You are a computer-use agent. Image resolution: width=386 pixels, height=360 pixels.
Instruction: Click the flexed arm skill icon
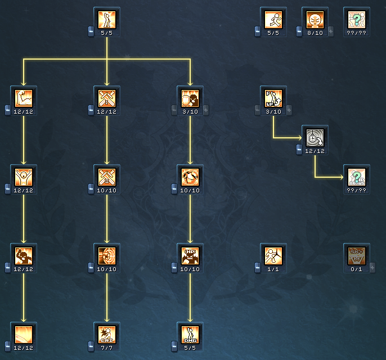[x=24, y=98]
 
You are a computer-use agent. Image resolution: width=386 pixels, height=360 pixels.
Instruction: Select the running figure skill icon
[x=273, y=19]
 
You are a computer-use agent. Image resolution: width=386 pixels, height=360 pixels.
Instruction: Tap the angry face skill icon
[x=315, y=19]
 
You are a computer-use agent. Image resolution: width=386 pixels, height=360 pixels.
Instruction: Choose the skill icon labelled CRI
[x=107, y=334]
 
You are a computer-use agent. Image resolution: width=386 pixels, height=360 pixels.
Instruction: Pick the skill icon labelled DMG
[x=190, y=334]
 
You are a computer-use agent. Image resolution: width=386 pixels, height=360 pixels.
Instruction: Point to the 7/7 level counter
[x=107, y=348]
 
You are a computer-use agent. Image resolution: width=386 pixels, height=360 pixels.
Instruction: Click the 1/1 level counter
[x=273, y=269]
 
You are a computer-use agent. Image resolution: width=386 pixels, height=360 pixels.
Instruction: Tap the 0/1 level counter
[x=357, y=269]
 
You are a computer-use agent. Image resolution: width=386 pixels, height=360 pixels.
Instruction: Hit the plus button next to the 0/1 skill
[x=372, y=267]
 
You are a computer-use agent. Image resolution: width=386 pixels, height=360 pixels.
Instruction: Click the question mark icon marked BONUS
[x=357, y=177]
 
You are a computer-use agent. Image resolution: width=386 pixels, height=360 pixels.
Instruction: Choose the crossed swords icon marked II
[x=107, y=177]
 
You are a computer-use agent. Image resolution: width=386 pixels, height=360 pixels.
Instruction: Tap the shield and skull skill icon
[x=190, y=98]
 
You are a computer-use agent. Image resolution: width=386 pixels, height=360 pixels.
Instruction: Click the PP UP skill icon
[x=273, y=98]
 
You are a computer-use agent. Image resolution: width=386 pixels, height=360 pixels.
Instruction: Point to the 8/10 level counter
[x=315, y=33]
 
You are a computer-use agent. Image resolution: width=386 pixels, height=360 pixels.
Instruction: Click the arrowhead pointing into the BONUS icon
[x=341, y=177]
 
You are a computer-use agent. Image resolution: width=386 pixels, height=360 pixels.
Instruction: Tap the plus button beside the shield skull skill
[x=205, y=110]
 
